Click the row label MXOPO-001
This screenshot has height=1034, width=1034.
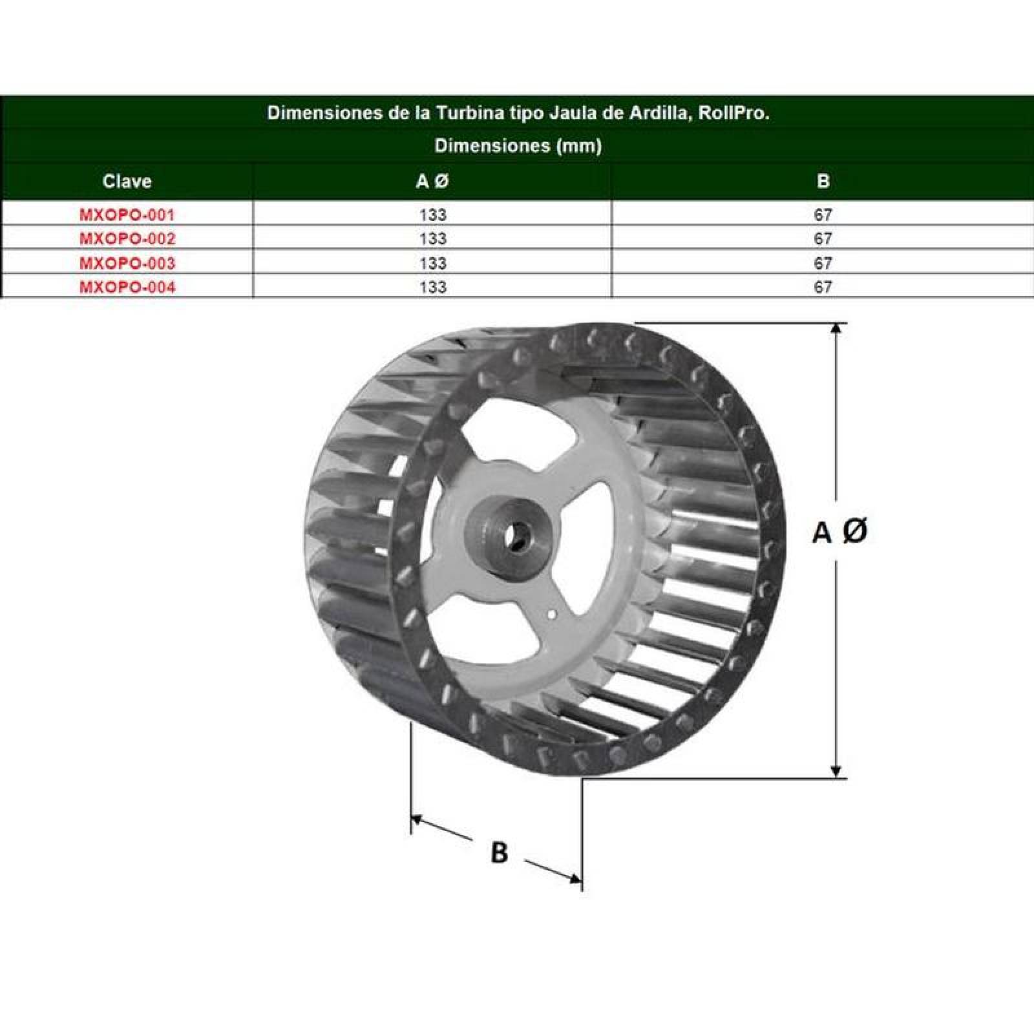click(127, 215)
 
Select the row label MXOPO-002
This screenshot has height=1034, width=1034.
click(127, 238)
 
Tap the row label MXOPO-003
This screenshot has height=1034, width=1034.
click(127, 263)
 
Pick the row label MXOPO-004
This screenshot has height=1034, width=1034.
click(127, 287)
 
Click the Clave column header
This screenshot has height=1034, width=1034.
click(127, 181)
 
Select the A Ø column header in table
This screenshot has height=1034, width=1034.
click(432, 181)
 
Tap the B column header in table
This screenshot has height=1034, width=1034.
click(822, 181)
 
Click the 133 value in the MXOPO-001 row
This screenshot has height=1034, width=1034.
click(432, 215)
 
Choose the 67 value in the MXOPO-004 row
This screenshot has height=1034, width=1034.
click(822, 287)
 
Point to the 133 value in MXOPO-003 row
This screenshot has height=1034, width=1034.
click(432, 263)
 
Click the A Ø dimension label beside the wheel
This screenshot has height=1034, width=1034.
click(839, 532)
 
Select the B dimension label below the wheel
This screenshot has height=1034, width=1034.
click(499, 852)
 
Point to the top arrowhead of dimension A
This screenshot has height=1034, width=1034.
click(836, 328)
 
